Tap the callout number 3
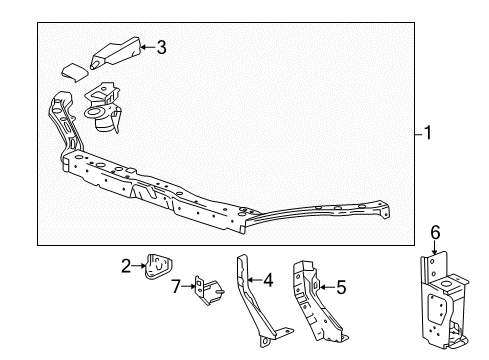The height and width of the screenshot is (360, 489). [x=163, y=46]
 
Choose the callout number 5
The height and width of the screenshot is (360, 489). [x=342, y=288]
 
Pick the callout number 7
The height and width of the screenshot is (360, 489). [x=176, y=287]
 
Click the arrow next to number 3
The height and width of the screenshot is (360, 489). [x=146, y=46]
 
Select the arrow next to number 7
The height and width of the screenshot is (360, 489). [x=188, y=287]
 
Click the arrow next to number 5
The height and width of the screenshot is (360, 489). [x=327, y=288]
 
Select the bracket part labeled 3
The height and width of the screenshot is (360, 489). [x=115, y=53]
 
